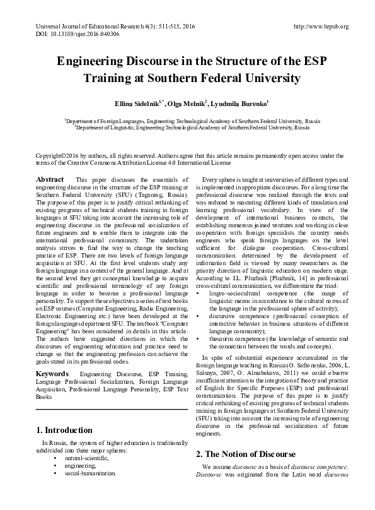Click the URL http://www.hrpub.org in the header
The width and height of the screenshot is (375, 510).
tap(321, 27)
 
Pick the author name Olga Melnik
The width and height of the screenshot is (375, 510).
tap(187, 103)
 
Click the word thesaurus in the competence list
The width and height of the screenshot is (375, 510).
tap(218, 338)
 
